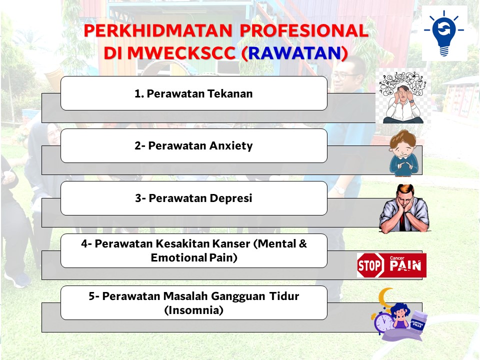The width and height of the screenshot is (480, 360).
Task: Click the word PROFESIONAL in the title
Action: pyautogui.click(x=303, y=30)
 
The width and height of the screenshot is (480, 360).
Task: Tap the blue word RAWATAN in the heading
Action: pyautogui.click(x=294, y=53)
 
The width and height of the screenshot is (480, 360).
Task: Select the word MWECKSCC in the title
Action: pyautogui.click(x=181, y=53)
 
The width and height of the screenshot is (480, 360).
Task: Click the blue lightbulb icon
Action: pyautogui.click(x=444, y=33)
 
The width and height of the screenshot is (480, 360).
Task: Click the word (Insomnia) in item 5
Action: pyautogui.click(x=194, y=310)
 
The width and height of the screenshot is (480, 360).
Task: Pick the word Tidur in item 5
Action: pyautogui.click(x=284, y=296)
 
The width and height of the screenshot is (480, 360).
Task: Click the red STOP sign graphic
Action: pyautogui.click(x=370, y=265)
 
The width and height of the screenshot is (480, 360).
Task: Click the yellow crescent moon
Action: pyautogui.click(x=385, y=298)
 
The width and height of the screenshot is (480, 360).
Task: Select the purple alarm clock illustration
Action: pyautogui.click(x=383, y=323)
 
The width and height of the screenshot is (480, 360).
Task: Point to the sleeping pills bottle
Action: pyautogui.click(x=418, y=321)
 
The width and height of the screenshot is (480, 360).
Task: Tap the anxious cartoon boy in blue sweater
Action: pyautogui.click(x=403, y=153)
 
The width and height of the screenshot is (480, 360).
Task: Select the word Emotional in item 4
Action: pyautogui.click(x=179, y=257)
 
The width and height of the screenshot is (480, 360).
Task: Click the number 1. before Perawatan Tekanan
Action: pyautogui.click(x=139, y=93)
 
